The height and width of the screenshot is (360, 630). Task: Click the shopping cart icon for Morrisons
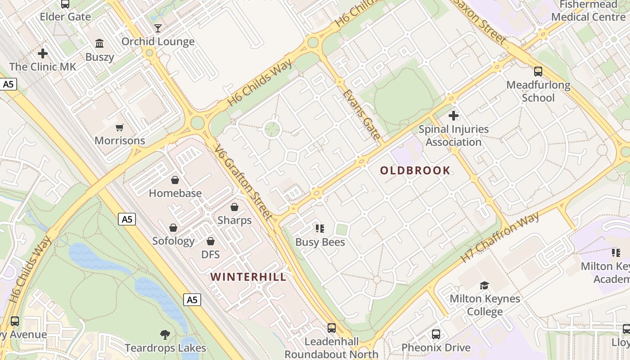coord(119,128)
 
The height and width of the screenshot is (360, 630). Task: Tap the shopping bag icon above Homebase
coord(175,180)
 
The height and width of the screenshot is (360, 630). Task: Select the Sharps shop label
coord(234,220)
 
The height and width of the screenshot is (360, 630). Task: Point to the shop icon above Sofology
coord(173,228)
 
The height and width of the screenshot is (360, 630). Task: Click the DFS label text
coord(210,254)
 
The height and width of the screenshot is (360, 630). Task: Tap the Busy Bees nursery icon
coord(320,229)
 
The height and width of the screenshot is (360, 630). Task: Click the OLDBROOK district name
coord(415,171)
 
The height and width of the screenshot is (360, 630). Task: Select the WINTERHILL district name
coord(248,277)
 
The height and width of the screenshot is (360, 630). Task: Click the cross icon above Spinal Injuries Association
coord(454,116)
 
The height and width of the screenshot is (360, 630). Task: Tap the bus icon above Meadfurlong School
coord(538,72)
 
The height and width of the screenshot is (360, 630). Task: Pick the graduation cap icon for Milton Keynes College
coord(485,285)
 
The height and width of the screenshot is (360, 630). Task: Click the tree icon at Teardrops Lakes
coord(165,335)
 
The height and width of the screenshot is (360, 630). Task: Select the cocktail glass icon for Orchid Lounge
coord(158,29)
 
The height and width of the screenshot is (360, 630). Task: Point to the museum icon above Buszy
coord(99,44)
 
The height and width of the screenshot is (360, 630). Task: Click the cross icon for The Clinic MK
coord(43,54)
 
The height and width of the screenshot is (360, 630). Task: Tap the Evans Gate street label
coord(362,114)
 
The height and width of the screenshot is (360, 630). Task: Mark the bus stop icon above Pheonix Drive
coord(436,334)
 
